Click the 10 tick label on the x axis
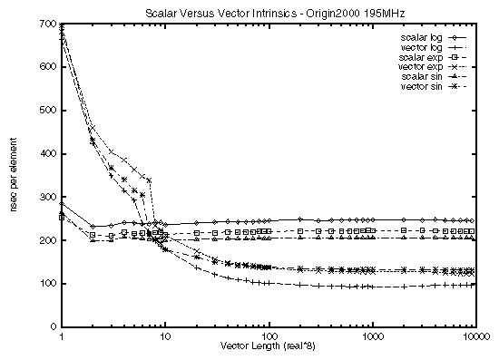point(164,336)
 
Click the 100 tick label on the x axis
point(269,336)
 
